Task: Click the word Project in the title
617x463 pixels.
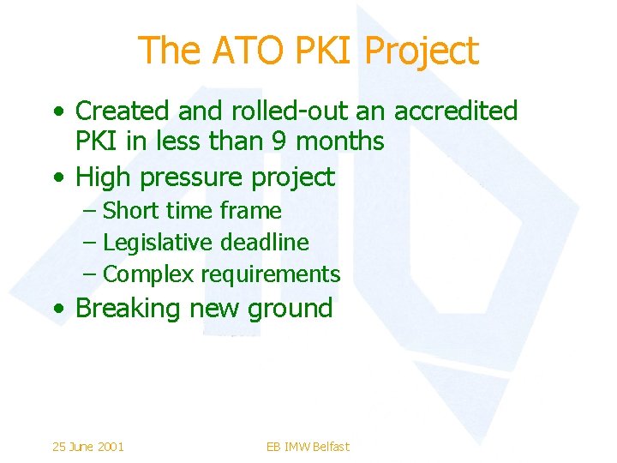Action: tap(422, 51)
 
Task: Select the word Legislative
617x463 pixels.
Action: tap(158, 243)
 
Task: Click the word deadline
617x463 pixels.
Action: tap(265, 243)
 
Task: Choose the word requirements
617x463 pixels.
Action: tap(271, 274)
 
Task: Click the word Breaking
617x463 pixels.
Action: tap(129, 309)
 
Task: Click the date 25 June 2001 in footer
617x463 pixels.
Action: tap(87, 446)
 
